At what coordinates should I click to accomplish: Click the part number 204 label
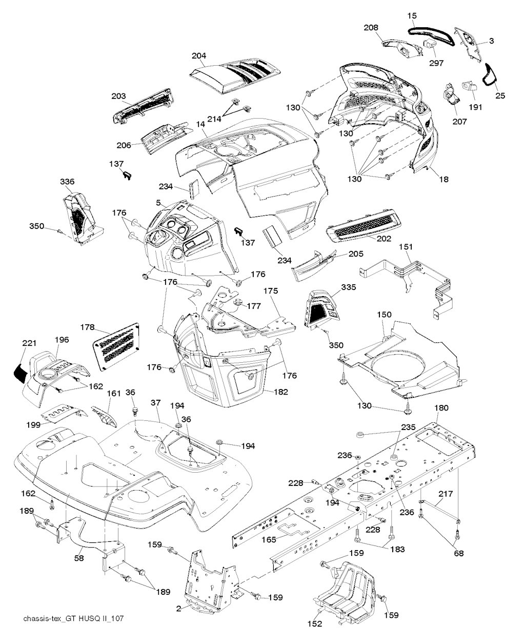(x=198, y=56)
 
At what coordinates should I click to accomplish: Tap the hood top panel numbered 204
(x=235, y=77)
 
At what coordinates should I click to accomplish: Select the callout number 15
(x=412, y=15)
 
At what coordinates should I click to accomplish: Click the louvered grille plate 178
(x=116, y=347)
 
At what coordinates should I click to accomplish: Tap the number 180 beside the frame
(x=441, y=407)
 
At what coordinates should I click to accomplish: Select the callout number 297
(x=436, y=63)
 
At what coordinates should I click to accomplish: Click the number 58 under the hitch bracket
(x=79, y=558)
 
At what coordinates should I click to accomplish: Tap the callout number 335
(x=348, y=287)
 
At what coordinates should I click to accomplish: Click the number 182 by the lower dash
(x=280, y=392)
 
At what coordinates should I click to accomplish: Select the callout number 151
(x=406, y=247)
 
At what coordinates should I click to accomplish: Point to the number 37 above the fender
(x=155, y=402)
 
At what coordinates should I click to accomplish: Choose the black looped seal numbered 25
(x=490, y=78)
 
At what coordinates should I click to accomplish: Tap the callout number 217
(x=446, y=493)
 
